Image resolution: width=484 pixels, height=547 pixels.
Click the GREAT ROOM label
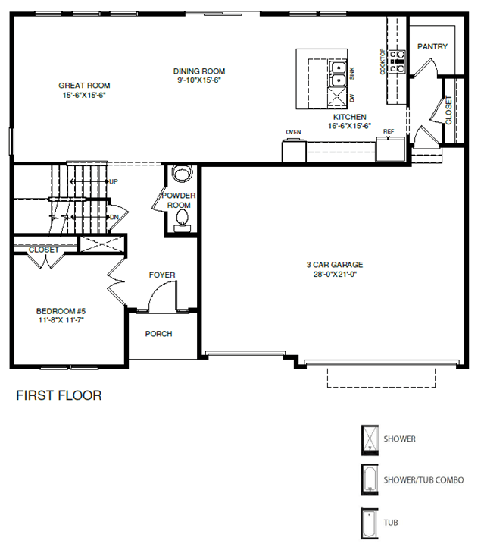point(84,86)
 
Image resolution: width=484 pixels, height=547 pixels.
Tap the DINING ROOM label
point(199,71)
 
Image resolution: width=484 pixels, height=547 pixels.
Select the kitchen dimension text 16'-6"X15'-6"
point(350,126)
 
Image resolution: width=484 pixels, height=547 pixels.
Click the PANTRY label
point(432,46)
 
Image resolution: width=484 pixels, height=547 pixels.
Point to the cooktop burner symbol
point(398,61)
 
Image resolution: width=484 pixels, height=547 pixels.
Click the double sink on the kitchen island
point(338,74)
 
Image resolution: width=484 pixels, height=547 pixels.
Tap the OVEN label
point(293,132)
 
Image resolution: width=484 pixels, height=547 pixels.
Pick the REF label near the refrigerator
point(389,131)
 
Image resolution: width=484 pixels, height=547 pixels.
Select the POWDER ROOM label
point(179,200)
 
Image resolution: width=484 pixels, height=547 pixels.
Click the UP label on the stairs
point(114,182)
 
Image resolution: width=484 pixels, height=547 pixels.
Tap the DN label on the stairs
point(114,217)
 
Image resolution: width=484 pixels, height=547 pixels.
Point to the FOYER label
point(162,275)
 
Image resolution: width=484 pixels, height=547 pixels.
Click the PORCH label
point(159,334)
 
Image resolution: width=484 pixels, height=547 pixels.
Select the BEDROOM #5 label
point(61,311)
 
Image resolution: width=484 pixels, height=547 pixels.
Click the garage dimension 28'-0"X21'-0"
point(335,274)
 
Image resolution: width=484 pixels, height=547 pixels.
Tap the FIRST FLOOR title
point(59,395)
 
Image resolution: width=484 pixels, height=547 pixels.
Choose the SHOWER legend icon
point(370,440)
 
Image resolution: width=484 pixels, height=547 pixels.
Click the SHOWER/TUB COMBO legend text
point(423,480)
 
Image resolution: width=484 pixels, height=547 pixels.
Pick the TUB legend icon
point(369,523)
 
